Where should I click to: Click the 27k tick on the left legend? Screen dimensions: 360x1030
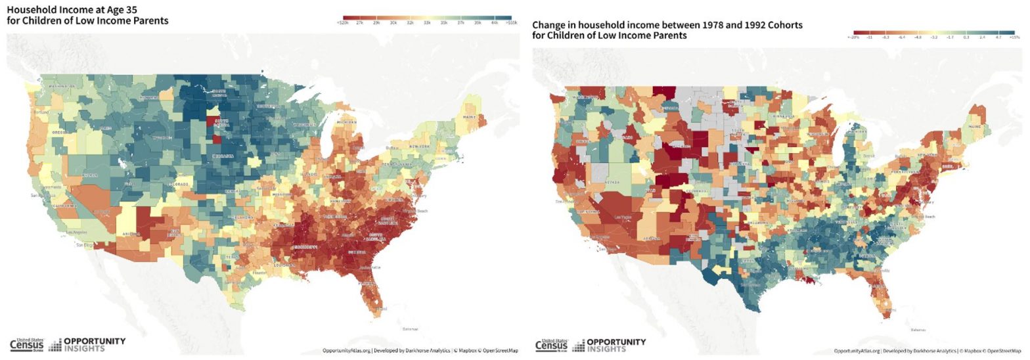tap(359, 23)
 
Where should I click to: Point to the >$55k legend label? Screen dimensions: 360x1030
tap(511, 23)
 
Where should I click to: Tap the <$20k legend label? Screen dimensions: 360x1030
tap(342, 23)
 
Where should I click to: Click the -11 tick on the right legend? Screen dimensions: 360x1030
tap(869, 37)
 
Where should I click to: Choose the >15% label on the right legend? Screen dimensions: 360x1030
tap(1014, 37)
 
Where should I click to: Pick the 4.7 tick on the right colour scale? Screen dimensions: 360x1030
tap(997, 37)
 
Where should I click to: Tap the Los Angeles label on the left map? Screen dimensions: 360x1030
tap(77, 233)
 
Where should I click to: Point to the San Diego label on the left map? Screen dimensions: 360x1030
tap(84, 246)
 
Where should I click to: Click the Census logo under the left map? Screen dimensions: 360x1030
tap(26, 345)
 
